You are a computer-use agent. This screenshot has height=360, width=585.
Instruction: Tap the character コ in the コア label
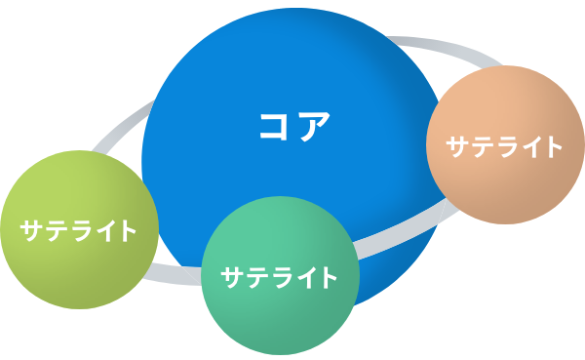pos(274,126)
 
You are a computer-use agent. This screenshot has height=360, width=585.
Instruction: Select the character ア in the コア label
pos(314,126)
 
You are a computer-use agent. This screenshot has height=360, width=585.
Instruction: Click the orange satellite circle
pos(505,145)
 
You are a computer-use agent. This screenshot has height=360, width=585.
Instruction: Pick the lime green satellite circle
pos(80,229)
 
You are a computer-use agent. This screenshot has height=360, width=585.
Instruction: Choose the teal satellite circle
pos(280,275)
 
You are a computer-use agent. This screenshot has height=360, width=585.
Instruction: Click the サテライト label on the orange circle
pos(504,146)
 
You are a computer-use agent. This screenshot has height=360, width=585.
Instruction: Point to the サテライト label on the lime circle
pos(78,231)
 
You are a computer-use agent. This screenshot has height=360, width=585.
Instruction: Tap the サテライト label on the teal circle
pos(279,277)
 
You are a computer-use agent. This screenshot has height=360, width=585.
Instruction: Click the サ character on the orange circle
pos(457,146)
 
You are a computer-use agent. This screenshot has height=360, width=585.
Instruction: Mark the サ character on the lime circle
pos(31,231)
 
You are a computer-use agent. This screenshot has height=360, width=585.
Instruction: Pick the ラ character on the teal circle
pos(279,278)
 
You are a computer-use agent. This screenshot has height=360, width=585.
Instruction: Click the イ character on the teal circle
pos(303,277)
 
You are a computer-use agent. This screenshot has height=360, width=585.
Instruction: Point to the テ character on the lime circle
pos(55,231)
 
